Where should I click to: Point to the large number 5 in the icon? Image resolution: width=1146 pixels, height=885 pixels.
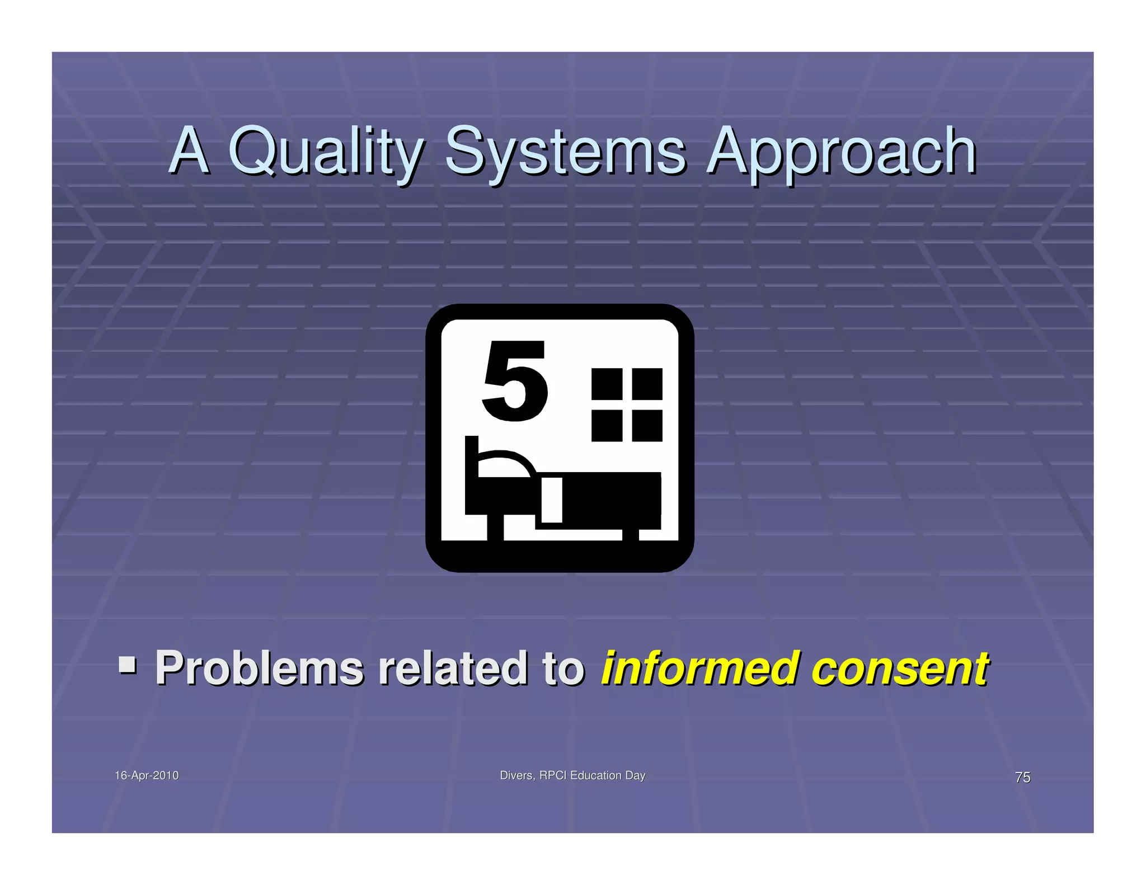click(514, 382)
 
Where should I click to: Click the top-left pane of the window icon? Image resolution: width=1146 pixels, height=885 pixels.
click(607, 384)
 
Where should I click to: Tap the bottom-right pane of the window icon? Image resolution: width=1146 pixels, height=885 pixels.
click(647, 425)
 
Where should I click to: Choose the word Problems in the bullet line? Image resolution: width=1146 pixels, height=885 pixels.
click(259, 668)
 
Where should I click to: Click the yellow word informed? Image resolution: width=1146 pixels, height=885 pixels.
click(699, 668)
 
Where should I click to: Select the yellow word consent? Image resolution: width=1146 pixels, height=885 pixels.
click(899, 668)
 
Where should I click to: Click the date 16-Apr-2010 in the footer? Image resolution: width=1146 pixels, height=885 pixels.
click(147, 775)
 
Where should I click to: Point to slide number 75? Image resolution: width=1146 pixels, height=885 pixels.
click(1022, 777)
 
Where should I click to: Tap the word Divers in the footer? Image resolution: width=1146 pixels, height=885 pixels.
click(516, 775)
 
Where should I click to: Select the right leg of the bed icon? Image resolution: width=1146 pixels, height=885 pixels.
click(631, 534)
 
